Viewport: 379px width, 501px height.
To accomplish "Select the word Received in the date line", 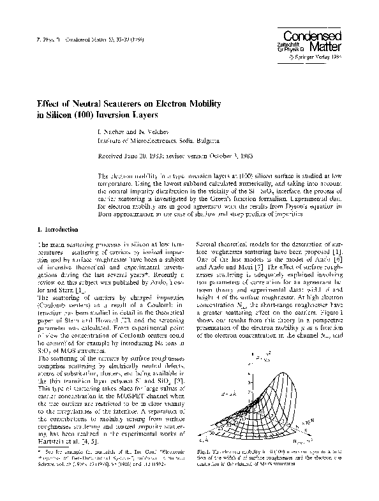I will (110, 156).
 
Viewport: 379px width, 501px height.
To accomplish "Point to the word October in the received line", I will (225, 156).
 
